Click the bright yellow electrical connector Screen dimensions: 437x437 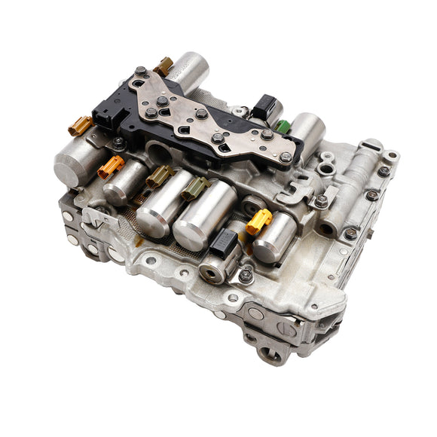(x=258, y=220)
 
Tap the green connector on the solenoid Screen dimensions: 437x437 (x=283, y=126)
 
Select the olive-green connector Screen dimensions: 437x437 (x=194, y=188)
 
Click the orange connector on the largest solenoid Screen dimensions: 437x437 (x=80, y=126)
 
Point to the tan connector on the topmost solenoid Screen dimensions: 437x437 (x=164, y=66)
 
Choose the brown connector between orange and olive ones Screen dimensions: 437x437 (x=158, y=176)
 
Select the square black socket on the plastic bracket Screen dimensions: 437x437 (x=105, y=117)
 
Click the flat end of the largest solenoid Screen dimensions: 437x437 (x=70, y=167)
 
